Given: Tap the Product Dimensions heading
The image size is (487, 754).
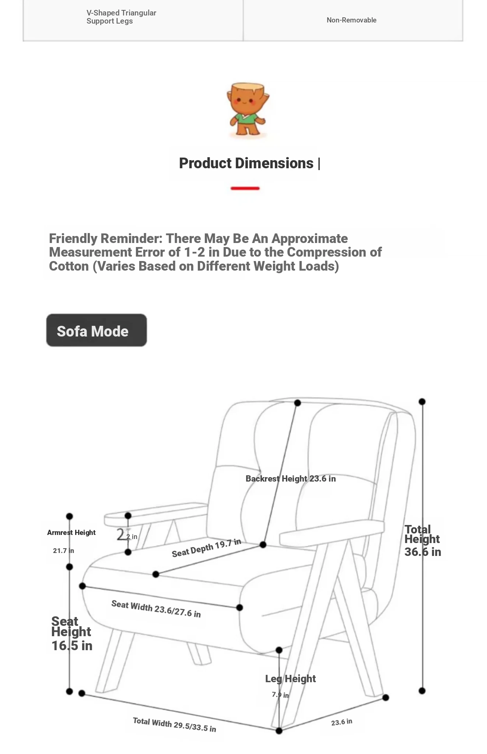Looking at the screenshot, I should pos(246,163).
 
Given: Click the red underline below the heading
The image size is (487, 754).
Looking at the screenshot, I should pos(245,188).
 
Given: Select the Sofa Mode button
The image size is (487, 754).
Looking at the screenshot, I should pos(97,330).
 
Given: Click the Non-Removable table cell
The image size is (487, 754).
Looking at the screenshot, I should pos(351,20).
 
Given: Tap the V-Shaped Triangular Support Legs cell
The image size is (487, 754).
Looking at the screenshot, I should pos(121,17).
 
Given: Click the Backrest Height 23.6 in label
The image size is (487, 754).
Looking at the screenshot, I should pos(291,479).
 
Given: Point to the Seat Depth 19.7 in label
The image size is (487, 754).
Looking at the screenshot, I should pos(206,548).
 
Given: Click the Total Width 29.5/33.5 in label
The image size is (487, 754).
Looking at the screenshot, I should pos(174,725).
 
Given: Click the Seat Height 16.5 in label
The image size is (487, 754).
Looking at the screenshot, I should pos(71,633).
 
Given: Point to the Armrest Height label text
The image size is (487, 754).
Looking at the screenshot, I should pos(71,532).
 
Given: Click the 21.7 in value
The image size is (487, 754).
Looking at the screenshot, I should pos(63,551).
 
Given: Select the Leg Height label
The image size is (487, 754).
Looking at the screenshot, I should pos(290,679).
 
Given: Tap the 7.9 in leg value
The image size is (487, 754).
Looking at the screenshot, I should pos(280,695).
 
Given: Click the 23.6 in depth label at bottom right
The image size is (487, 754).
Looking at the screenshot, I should pos(341,722).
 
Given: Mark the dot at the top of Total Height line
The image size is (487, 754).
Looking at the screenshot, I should pos(422,401).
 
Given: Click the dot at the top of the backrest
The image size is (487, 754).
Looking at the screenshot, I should pos(298,403).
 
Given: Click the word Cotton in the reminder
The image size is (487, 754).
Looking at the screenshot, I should pos(69,266).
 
